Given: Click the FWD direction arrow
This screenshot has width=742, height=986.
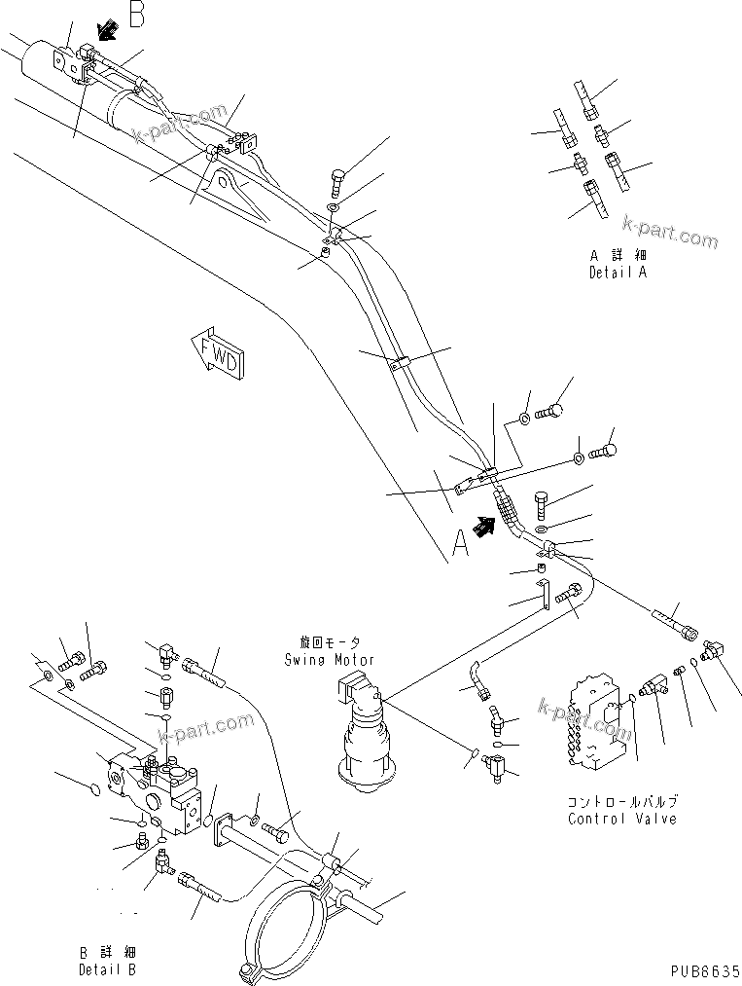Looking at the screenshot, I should tap(220, 355).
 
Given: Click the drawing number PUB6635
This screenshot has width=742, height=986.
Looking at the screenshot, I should tap(704, 971).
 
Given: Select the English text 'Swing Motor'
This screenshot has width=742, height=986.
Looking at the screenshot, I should tap(329, 659).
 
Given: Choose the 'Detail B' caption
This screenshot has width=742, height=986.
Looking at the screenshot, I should tap(107, 969).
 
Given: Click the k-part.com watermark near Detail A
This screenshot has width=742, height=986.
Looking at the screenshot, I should tap(670, 233).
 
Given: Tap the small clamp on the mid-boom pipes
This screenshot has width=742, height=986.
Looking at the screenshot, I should tap(399, 368).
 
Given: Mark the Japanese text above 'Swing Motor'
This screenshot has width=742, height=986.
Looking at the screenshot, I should tap(329, 643).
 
